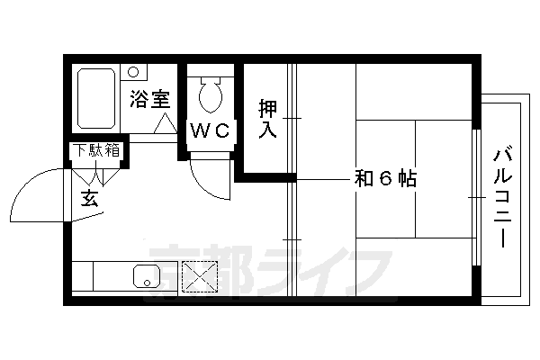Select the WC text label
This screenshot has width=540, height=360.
(x=211, y=130)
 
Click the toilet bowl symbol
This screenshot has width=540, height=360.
(x=211, y=96)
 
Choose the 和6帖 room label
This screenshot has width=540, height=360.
(x=384, y=178)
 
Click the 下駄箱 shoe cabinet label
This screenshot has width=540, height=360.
(x=96, y=150)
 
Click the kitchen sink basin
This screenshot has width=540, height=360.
(x=147, y=275)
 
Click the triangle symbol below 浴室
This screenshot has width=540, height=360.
(x=164, y=125)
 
